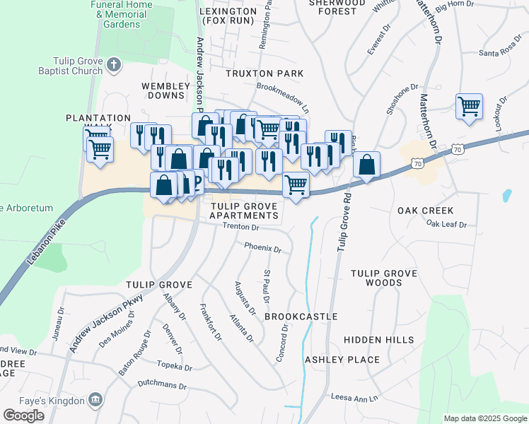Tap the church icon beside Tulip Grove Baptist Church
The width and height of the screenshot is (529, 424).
click(113, 66)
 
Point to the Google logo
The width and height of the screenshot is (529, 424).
click(23, 416)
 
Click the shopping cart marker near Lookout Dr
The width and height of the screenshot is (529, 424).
click(469, 107)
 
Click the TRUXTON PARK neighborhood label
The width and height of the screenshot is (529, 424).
click(264, 73)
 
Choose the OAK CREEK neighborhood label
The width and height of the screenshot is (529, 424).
click(425, 211)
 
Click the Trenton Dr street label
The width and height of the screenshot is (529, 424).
click(241, 228)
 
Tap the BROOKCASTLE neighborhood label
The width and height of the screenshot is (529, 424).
click(301, 317)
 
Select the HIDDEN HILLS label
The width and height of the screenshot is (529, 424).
click(379, 340)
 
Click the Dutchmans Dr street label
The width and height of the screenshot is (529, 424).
click(162, 387)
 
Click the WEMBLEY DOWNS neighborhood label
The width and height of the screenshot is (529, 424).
click(166, 91)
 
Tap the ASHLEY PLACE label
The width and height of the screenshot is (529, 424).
click(342, 360)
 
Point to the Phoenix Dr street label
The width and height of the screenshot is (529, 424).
click(262, 249)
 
